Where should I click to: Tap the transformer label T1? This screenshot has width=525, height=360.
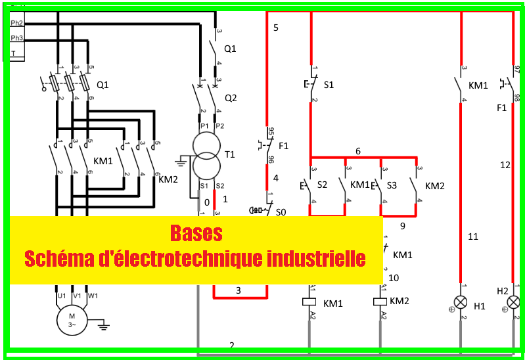(229, 154)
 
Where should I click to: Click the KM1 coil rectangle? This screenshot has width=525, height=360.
(309, 302)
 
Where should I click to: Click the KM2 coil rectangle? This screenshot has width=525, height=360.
(379, 302)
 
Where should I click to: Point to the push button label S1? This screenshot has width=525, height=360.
(329, 85)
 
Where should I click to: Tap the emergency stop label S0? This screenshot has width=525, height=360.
(281, 212)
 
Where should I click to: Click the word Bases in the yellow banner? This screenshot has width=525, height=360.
(196, 233)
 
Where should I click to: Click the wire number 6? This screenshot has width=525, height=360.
(358, 151)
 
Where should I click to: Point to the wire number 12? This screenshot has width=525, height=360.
(505, 166)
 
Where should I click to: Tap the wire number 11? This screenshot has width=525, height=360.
(473, 236)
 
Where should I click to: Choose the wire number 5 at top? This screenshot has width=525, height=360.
(276, 28)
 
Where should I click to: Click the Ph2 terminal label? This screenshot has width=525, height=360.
(17, 23)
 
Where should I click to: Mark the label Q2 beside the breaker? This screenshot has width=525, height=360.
(230, 98)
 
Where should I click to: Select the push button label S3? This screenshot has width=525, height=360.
(392, 185)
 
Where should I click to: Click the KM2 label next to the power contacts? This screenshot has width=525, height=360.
(169, 179)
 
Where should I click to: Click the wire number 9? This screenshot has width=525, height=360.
(402, 225)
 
